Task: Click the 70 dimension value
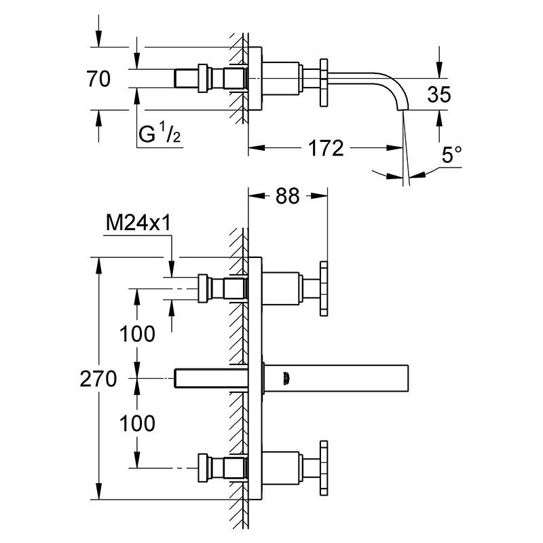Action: [98, 79]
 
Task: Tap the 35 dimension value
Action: [439, 94]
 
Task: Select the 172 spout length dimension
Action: [326, 148]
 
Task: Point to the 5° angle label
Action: [451, 155]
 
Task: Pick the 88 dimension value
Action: [287, 196]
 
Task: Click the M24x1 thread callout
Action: [138, 223]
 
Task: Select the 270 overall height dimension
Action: [98, 379]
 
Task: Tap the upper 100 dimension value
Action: [138, 334]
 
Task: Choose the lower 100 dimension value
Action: [138, 423]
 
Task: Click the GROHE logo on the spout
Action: [286, 378]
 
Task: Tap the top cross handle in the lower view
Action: [324, 289]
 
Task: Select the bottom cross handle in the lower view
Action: [324, 468]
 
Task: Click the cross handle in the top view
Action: [324, 83]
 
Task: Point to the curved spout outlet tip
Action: [402, 109]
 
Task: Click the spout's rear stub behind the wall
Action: [210, 378]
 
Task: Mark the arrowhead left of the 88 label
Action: [257, 196]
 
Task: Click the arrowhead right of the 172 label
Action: [394, 148]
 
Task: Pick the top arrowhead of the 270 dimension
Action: [98, 265]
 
